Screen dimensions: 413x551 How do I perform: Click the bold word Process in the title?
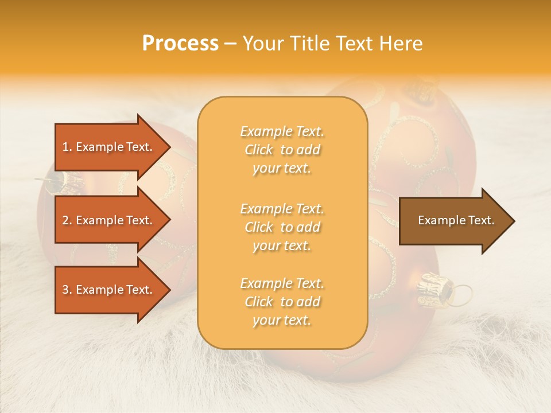(180, 44)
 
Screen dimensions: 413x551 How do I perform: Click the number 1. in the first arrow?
(67, 147)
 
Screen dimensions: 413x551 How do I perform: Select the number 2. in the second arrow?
(67, 220)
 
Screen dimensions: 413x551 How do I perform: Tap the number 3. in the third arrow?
(67, 290)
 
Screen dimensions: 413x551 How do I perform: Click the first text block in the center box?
(282, 150)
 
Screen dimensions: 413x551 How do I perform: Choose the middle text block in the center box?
(282, 227)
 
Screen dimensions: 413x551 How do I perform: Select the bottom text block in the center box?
(282, 302)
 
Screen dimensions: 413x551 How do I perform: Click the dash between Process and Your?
(231, 44)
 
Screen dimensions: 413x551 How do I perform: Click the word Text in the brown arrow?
(482, 220)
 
